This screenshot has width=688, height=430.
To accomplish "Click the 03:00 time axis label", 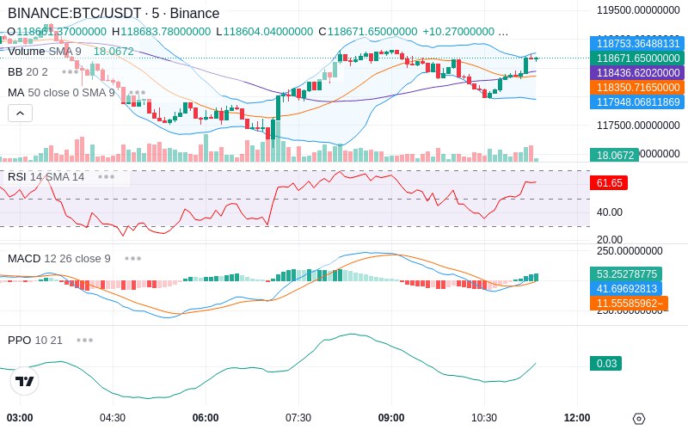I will [x=20, y=418].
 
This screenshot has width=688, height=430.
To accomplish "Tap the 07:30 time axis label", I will [x=298, y=418].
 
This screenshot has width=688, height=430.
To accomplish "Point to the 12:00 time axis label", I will [x=577, y=418].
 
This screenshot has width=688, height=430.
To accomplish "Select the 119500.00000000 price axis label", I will [x=638, y=10].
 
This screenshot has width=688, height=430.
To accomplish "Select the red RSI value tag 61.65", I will [x=607, y=183].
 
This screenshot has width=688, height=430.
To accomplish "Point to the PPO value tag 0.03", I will [x=606, y=364].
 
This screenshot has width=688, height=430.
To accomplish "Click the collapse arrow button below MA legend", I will [x=20, y=113].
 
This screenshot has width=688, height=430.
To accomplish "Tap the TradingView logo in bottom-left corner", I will [x=25, y=381].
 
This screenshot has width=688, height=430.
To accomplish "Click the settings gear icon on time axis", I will [x=638, y=419].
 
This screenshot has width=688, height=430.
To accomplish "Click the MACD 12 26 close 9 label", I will [x=59, y=258].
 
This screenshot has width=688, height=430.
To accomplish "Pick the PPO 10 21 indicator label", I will [x=35, y=340].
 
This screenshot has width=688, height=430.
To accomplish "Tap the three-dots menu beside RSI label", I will [x=106, y=176].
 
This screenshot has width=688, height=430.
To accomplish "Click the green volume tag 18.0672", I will [x=613, y=156].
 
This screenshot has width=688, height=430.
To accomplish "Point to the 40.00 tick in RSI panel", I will [x=610, y=212].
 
